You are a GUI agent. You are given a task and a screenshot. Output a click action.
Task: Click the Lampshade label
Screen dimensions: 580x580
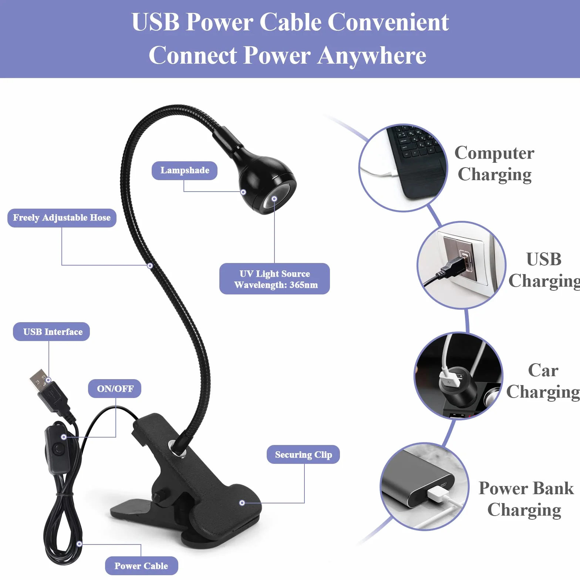(185, 171)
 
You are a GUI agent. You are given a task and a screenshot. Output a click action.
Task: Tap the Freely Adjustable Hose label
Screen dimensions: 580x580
(62, 217)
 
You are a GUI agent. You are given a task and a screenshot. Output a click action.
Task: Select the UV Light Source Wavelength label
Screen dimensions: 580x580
(274, 279)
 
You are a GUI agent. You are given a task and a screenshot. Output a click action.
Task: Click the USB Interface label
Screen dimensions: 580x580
(51, 331)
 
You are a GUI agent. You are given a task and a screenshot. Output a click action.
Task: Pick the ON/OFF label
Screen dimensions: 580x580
(115, 388)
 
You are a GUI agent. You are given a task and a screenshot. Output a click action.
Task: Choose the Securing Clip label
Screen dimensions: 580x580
(303, 454)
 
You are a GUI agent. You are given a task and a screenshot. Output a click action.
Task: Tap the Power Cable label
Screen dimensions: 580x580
(142, 566)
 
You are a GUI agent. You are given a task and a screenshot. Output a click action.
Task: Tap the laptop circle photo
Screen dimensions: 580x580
(403, 168)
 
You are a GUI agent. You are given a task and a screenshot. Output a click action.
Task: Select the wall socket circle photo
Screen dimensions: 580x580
(461, 265)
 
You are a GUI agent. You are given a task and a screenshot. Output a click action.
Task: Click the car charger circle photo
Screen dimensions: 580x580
(458, 376)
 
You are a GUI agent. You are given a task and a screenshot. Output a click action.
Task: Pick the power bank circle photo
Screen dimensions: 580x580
(425, 486)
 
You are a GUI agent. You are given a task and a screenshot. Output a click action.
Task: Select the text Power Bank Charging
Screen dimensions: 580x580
(526, 499)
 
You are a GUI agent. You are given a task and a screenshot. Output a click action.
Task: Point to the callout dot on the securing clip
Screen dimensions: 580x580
(242, 503)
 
